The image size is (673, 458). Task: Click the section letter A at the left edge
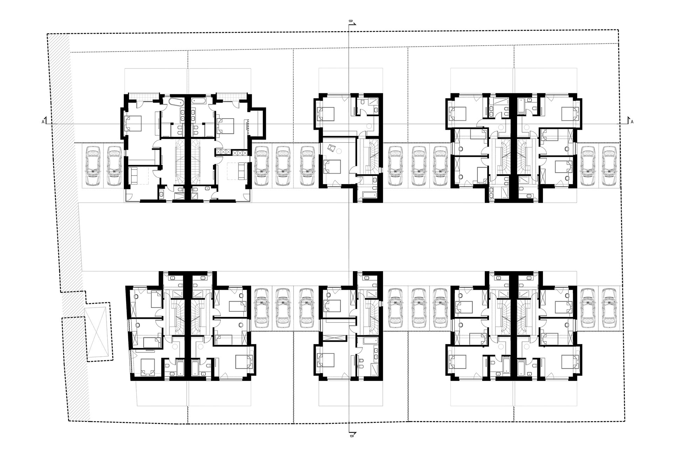(x=43, y=122)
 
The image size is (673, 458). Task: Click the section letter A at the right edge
(x=632, y=122)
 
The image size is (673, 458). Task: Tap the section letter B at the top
(x=350, y=21)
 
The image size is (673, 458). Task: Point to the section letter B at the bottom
(x=351, y=436)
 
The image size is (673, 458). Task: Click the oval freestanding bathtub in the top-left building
(x=176, y=102)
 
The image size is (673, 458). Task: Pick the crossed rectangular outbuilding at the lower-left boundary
(x=98, y=333)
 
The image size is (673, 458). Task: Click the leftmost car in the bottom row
(x=261, y=308)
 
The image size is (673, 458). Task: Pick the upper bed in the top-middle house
(x=326, y=114)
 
